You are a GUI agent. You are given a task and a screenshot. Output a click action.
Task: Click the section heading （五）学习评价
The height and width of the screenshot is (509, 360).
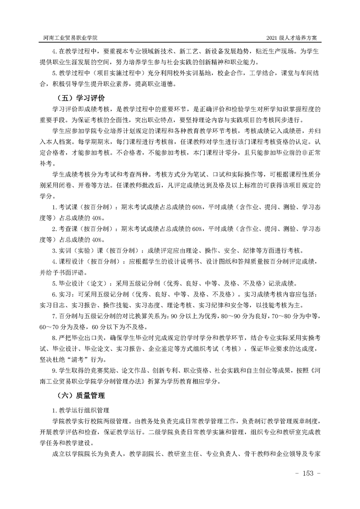point(79,98)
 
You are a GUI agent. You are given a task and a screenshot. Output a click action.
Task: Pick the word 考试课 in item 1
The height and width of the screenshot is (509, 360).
point(66,207)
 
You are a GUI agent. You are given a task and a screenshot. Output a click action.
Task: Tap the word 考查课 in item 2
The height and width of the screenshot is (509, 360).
point(66,229)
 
